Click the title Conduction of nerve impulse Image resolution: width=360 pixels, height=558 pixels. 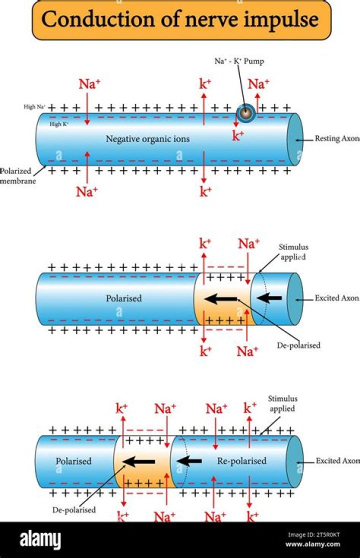tap(180, 20)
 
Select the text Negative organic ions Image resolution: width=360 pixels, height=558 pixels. tap(147, 139)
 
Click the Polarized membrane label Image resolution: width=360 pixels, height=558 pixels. tap(16, 175)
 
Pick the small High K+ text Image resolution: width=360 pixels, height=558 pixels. tap(59, 124)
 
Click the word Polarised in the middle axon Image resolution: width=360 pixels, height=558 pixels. tap(123, 298)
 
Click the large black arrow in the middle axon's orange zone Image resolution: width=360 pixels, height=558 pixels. tap(221, 299)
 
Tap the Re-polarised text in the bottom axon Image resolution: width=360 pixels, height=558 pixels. tap(242, 461)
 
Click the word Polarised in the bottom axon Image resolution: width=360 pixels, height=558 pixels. tap(73, 461)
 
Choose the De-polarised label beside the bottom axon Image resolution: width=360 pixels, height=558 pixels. tap(74, 510)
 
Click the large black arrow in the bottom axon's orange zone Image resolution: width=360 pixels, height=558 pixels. tap(139, 461)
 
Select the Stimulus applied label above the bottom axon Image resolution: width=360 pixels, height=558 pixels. tap(282, 403)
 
